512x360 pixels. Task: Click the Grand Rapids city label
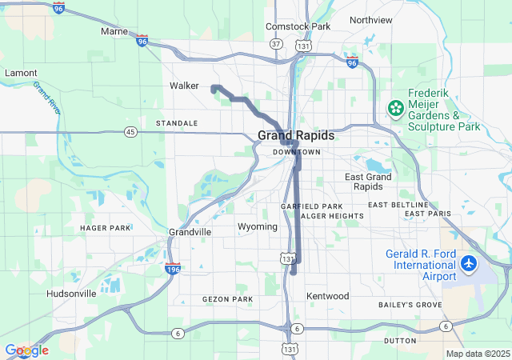(x=296, y=135)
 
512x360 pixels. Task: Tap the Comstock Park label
(x=298, y=26)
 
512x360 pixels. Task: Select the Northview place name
(x=371, y=19)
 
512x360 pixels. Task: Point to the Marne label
(x=114, y=31)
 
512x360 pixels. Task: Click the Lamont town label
(x=21, y=73)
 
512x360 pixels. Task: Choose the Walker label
(x=184, y=86)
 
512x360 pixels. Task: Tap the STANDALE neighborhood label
(x=177, y=123)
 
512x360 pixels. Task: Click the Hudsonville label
(x=71, y=294)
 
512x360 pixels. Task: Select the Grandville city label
(x=190, y=232)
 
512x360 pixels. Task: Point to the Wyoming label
(x=258, y=227)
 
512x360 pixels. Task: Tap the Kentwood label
(x=328, y=296)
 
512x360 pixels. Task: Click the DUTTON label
(x=400, y=341)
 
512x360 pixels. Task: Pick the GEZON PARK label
(x=227, y=299)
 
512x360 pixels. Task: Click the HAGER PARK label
(x=105, y=228)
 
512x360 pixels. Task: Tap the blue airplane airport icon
(x=469, y=263)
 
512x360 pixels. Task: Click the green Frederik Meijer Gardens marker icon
(x=394, y=106)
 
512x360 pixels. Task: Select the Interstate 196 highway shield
(x=171, y=268)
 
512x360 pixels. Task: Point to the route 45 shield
(x=130, y=131)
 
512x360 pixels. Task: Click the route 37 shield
(x=276, y=43)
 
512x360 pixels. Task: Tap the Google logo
(x=26, y=350)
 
